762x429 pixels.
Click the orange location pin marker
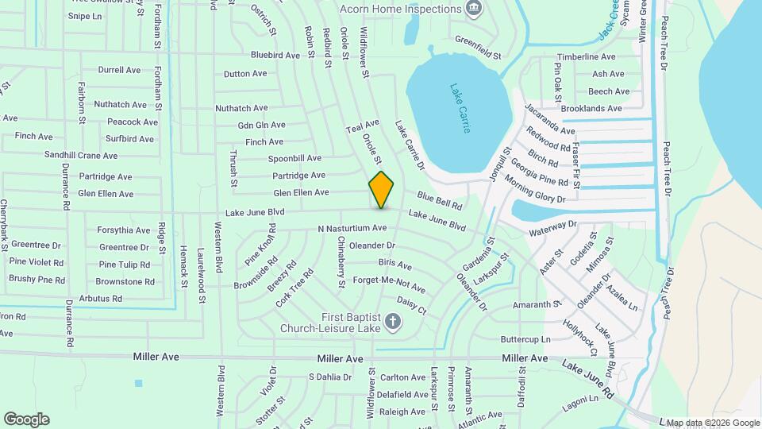382,190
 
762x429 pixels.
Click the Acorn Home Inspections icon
474,9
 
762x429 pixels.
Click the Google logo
26,419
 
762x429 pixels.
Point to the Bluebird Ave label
275,56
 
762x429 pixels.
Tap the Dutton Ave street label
245,74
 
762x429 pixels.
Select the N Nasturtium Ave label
352,229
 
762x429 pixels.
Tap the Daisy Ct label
411,305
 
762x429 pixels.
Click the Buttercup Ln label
525,339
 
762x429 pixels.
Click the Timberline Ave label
586,57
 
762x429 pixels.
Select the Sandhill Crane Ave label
81,155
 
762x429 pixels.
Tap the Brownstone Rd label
125,281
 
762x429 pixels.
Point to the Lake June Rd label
588,377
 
